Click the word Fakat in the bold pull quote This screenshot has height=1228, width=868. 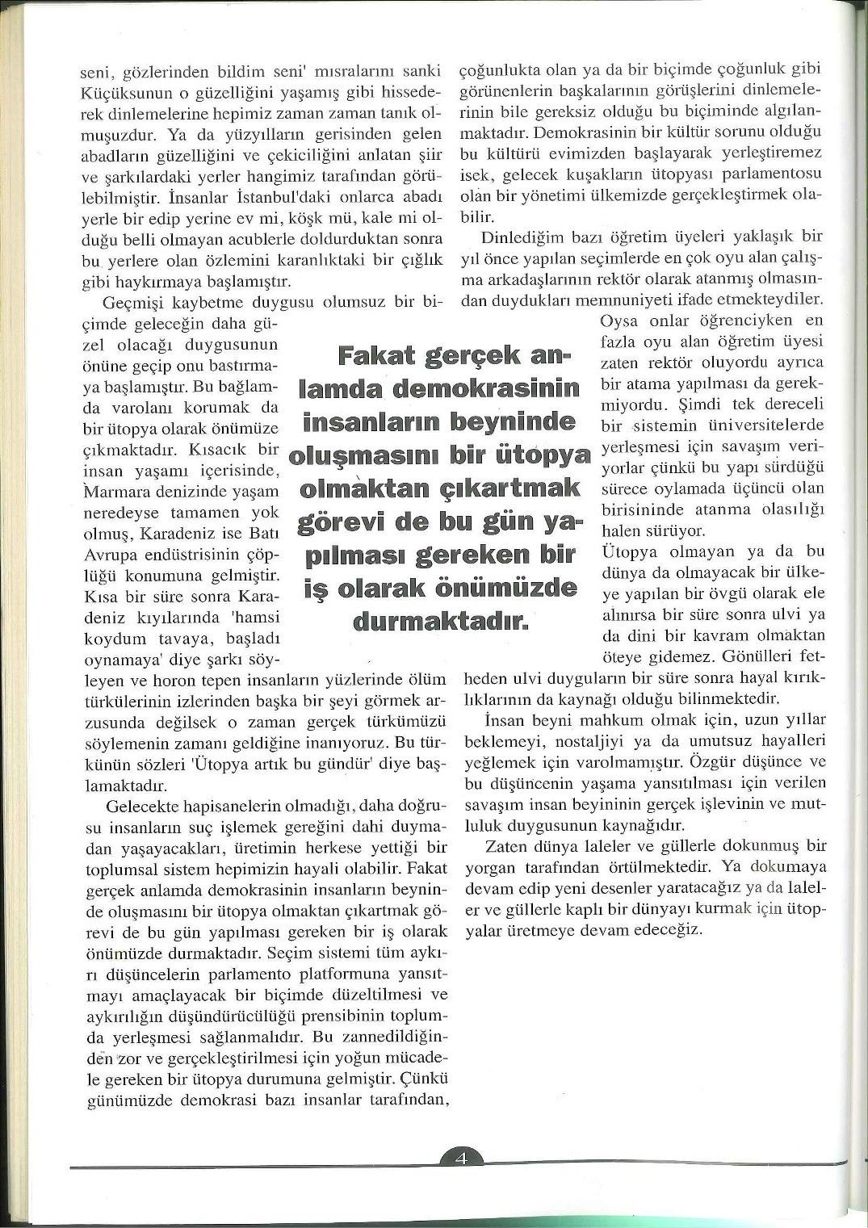point(378,356)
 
